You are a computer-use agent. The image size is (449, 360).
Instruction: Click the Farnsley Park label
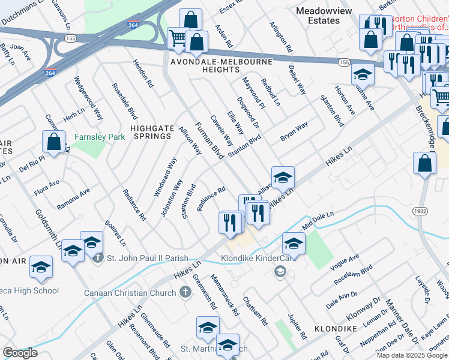click(100, 137)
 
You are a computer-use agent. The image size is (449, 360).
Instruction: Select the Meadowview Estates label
click(327, 16)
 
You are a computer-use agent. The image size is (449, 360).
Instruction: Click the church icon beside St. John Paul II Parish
click(99, 258)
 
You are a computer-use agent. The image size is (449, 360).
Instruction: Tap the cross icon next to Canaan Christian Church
click(186, 292)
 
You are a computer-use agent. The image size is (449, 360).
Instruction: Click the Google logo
click(20, 352)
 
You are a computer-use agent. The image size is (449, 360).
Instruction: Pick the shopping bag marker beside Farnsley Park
click(54, 143)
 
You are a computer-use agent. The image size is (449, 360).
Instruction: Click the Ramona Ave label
click(73, 199)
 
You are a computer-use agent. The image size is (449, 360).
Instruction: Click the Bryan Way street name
click(294, 132)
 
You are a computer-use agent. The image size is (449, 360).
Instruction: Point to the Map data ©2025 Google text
click(412, 355)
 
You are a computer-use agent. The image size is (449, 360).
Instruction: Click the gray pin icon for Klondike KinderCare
click(279, 272)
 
